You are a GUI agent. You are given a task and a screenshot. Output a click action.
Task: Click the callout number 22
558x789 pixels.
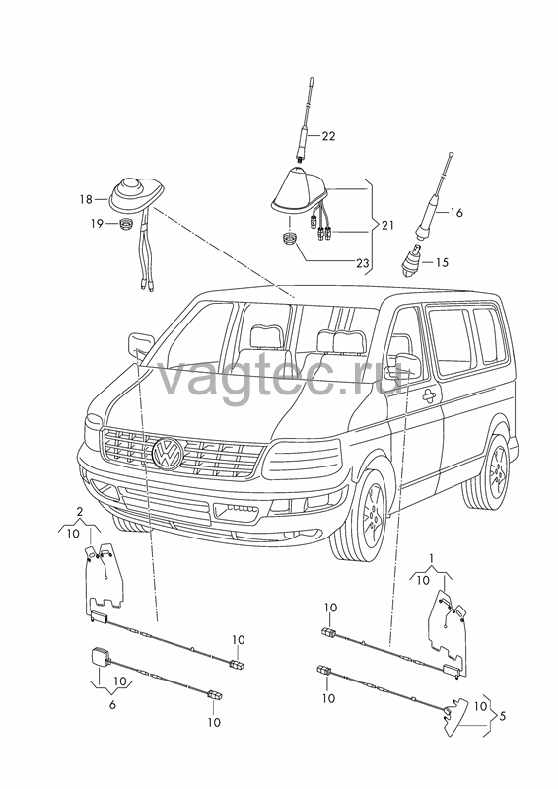click(328, 136)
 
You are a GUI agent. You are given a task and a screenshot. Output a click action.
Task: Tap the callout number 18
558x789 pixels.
click(86, 200)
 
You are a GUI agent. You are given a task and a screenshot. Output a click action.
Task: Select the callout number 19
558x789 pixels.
click(97, 224)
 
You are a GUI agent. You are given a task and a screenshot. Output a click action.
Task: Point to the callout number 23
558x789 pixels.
click(362, 263)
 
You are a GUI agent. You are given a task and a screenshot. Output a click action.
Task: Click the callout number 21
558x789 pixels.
click(387, 225)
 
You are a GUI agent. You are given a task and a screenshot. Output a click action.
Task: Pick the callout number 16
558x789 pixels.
click(455, 213)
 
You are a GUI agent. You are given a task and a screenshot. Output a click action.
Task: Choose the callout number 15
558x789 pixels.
click(442, 262)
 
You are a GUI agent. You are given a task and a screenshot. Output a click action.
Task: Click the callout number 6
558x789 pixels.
click(112, 704)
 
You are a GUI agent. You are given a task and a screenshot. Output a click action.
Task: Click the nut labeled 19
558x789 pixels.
click(127, 224)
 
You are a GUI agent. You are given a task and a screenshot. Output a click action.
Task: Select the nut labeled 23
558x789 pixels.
click(288, 238)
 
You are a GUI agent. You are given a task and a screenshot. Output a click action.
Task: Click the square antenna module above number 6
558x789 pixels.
click(99, 658)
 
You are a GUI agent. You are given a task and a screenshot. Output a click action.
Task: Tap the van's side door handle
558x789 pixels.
click(430, 396)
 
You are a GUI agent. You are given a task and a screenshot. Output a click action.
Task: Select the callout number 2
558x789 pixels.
click(79, 513)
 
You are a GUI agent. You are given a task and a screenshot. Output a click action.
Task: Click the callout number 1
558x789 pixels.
click(431, 558)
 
